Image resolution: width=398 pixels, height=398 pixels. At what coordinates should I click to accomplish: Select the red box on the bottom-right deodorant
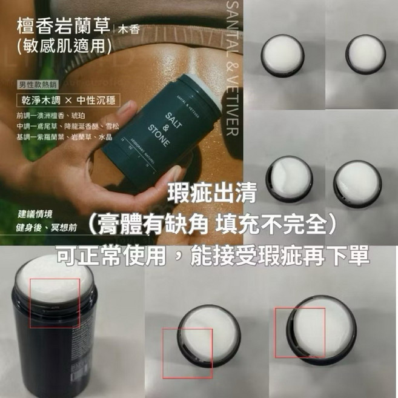[300, 331]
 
